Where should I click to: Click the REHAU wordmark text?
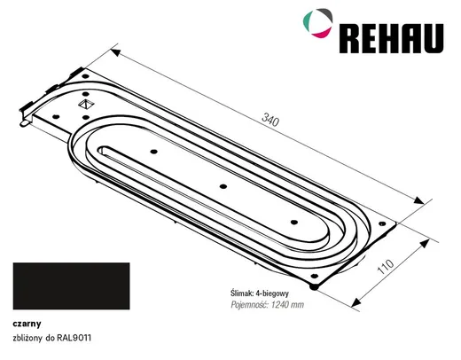391,38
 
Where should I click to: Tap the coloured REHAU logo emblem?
318,23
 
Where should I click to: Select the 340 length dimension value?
270,120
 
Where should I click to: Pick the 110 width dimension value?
386,266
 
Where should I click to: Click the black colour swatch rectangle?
71,286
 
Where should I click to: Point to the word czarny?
27,324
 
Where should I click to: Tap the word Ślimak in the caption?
241,293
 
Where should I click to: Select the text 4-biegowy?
272,293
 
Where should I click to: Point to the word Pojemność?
250,305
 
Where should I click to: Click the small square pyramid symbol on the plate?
86,104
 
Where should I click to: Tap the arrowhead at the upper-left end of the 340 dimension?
115,52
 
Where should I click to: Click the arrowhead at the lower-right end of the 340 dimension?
418,200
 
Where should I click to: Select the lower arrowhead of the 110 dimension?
356,302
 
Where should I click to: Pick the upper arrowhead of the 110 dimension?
425,243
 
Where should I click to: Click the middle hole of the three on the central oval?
223,186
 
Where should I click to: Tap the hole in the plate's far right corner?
382,223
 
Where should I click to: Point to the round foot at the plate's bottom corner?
314,286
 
